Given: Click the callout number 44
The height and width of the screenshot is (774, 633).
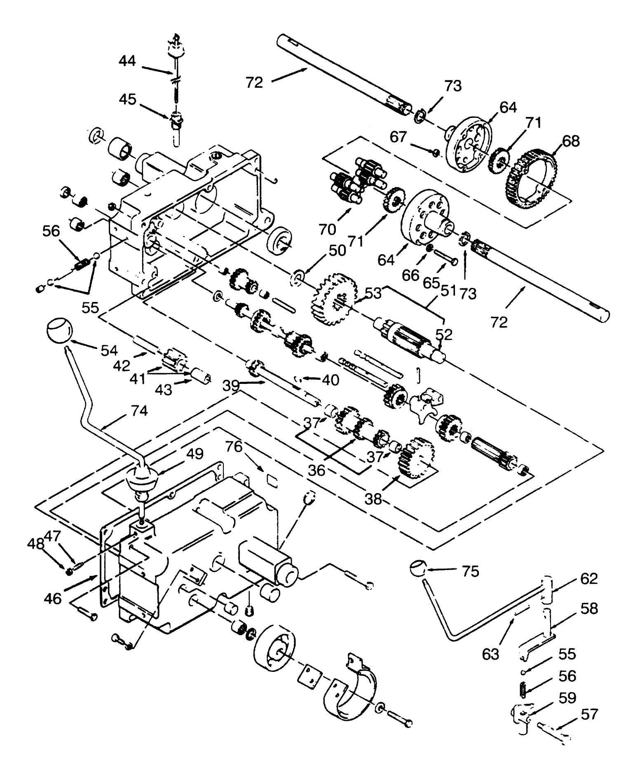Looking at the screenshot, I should pos(127,61).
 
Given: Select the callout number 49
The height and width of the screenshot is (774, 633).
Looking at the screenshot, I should pos(194,454).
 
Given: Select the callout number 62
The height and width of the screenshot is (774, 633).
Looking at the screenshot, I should pos(588,579).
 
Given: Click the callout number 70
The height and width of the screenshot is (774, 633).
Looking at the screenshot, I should pos(327,229).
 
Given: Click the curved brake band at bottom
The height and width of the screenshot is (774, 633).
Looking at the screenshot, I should pos(350,692).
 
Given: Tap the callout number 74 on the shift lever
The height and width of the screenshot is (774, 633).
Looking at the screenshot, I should pos(139,411).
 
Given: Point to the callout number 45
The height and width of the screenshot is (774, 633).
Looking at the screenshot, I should pos(127,99).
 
